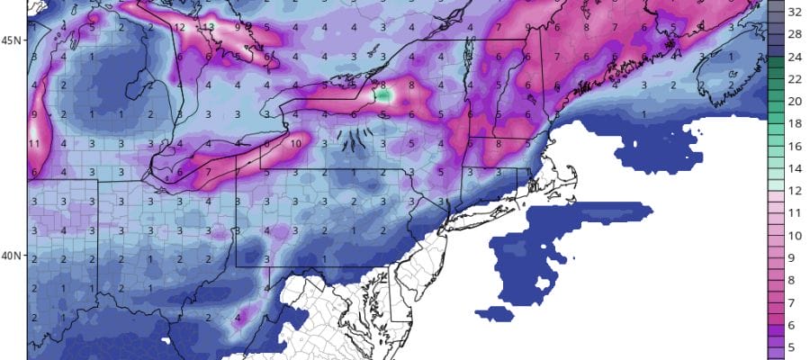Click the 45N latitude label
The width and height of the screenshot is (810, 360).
click(x=10, y=40)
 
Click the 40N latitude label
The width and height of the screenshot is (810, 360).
click(x=10, y=255)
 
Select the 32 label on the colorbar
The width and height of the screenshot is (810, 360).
click(x=796, y=13)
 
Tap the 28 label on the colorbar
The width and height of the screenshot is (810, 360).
click(x=796, y=35)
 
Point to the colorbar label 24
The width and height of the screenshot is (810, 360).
click(x=796, y=58)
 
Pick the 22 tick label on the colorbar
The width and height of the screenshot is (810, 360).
click(x=796, y=79)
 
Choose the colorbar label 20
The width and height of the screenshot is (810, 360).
click(x=796, y=102)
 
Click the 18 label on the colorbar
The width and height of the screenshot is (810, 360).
click(x=796, y=123)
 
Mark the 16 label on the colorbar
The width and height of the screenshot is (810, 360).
click(x=796, y=146)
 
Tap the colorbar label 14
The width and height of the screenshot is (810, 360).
click(x=796, y=167)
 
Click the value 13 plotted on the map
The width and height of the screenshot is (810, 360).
click(x=210, y=27)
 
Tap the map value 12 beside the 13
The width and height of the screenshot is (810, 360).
click(x=181, y=27)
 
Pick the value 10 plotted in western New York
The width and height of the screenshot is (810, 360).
click(x=295, y=143)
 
